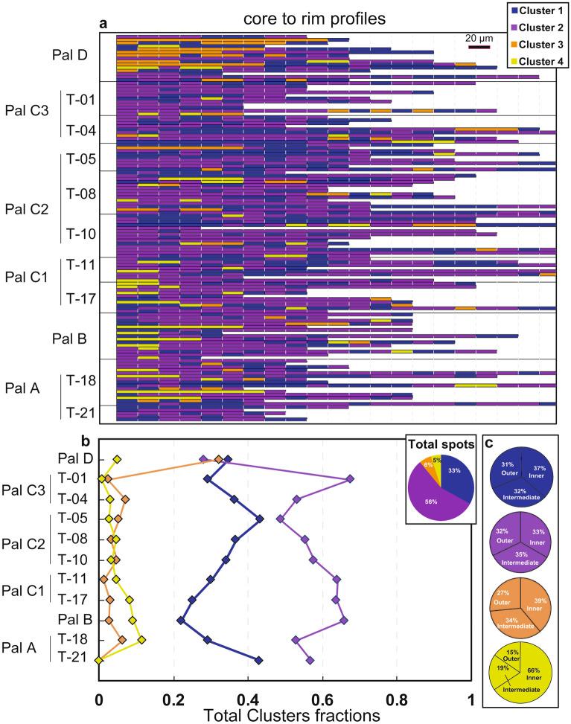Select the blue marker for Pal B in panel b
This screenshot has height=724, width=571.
[x=180, y=620]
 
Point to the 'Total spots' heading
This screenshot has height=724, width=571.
[x=441, y=464]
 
